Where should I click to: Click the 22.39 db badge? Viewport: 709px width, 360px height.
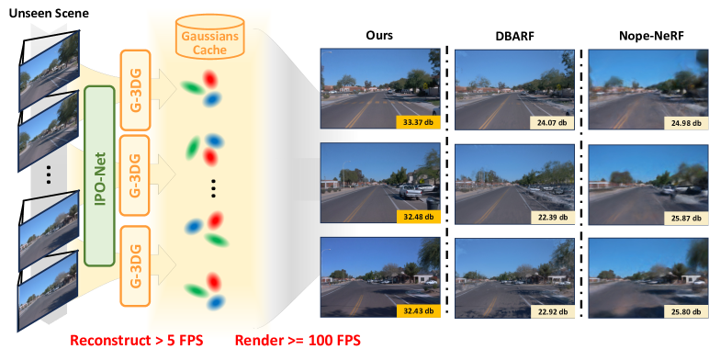click(x=551, y=217)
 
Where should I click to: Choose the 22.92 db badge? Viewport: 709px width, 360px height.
click(x=551, y=312)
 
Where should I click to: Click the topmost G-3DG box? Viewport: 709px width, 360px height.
click(x=132, y=85)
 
